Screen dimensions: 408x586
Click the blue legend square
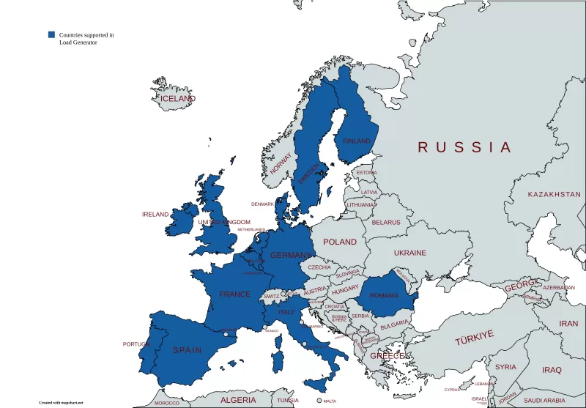click(x=51, y=34)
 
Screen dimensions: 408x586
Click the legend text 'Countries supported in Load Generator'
click(x=86, y=39)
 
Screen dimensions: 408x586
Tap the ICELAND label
click(x=178, y=98)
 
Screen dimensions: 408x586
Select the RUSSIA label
click(x=464, y=147)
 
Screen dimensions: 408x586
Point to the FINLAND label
click(x=357, y=141)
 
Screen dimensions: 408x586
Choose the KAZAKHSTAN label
click(x=554, y=194)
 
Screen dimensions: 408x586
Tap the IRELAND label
click(x=155, y=215)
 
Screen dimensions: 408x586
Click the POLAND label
click(x=340, y=242)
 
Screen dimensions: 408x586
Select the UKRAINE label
click(x=409, y=253)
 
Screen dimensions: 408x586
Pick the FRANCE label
click(x=234, y=294)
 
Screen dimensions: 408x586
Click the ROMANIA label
click(x=385, y=296)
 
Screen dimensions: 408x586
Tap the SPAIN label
click(x=187, y=350)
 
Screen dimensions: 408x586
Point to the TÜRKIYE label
click(x=474, y=338)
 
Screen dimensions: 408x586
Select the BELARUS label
click(x=386, y=222)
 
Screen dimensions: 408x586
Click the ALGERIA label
click(x=239, y=400)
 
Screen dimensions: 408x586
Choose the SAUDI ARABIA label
click(x=544, y=401)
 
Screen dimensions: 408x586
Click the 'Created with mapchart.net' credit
click(x=62, y=402)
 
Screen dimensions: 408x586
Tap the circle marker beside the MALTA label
click(x=319, y=401)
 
